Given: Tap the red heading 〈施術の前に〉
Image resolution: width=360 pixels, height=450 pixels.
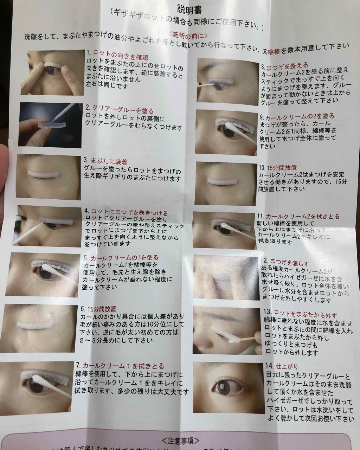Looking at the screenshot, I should (185, 35).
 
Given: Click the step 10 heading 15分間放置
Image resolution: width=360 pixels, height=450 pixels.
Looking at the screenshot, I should (281, 168).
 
